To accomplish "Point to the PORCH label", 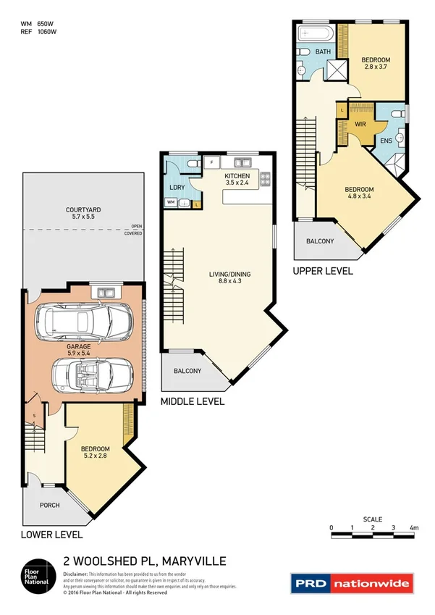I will click(49, 506).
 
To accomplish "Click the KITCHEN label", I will click(237, 176).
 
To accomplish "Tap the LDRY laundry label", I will click(177, 188).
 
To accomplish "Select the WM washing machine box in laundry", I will click(170, 203).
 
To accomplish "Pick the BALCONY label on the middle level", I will click(187, 371).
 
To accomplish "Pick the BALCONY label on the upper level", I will click(320, 241).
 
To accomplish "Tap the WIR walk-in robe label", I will click(360, 124).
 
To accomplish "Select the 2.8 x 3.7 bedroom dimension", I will click(376, 67).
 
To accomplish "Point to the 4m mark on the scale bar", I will click(414, 528).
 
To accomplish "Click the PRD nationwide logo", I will click(352, 582).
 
